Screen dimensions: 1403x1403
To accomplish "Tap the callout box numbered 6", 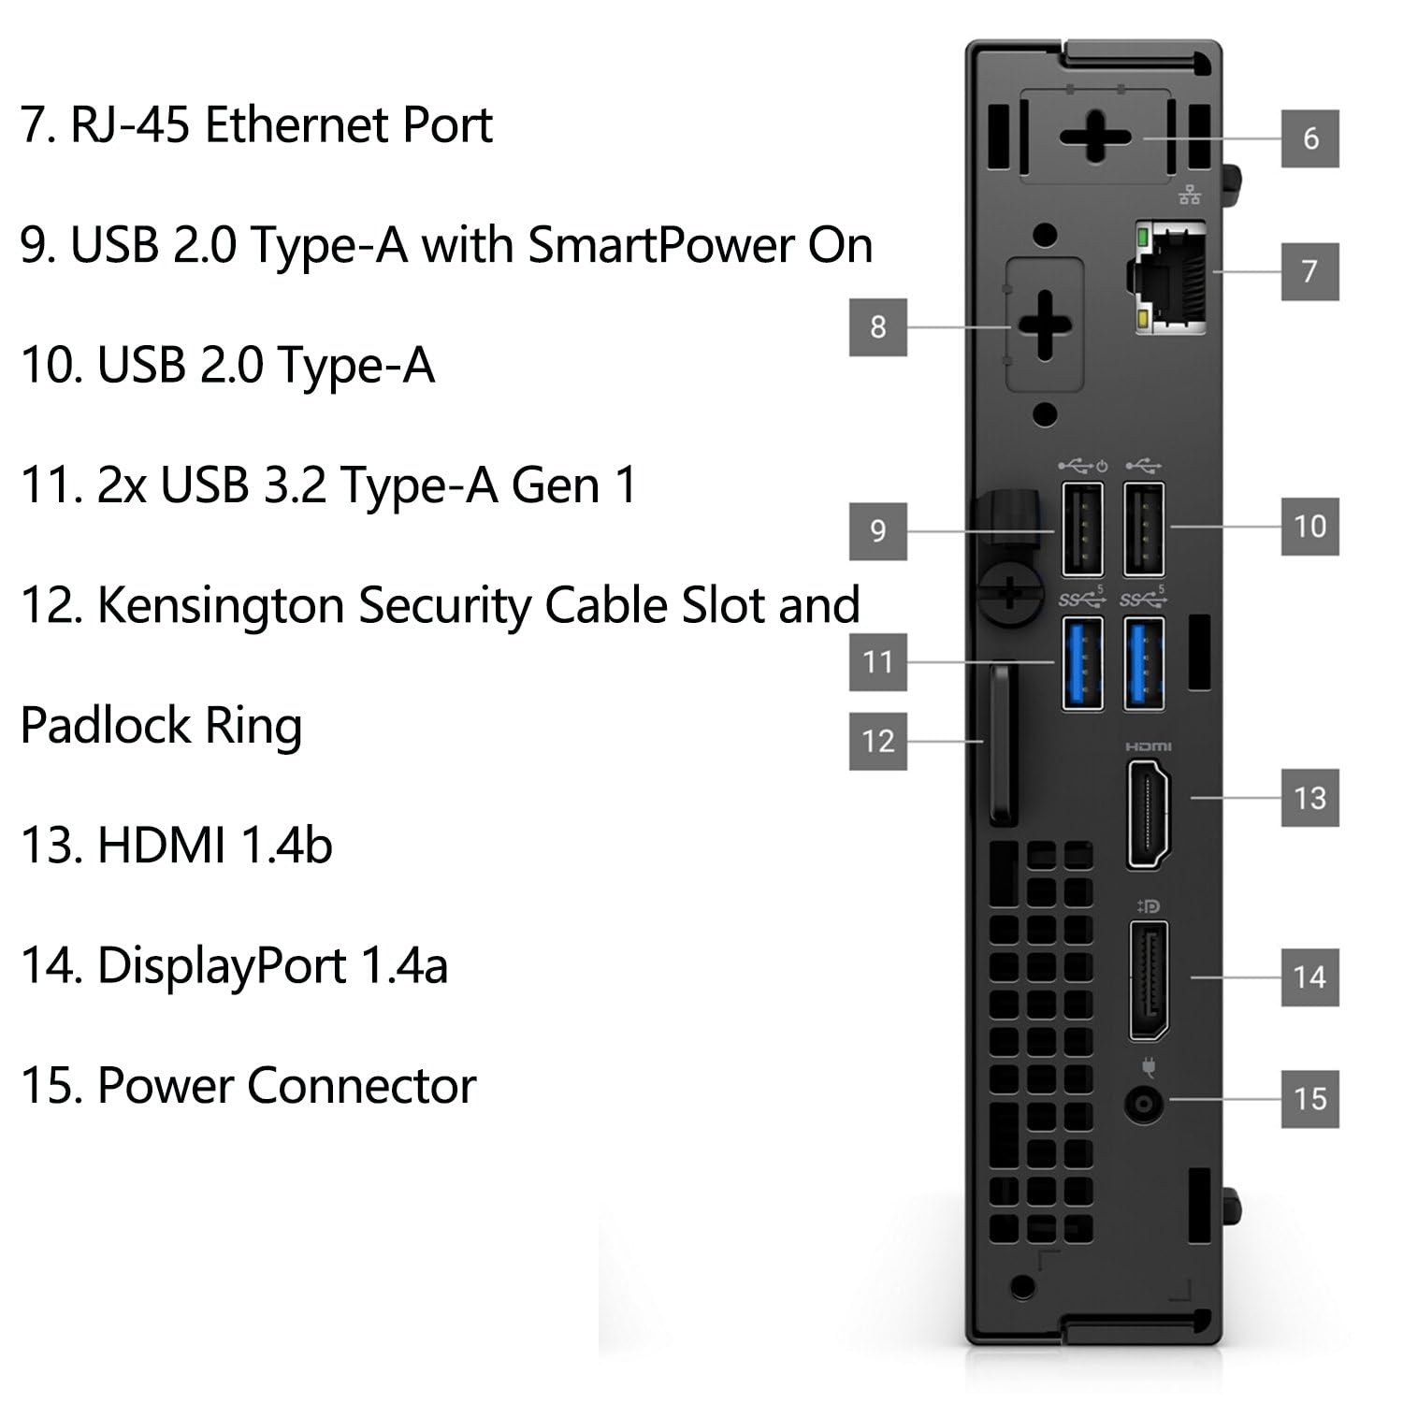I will click(1309, 138).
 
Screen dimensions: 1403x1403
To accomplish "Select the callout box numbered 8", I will click(877, 326).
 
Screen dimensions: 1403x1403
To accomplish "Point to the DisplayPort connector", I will click(1149, 980).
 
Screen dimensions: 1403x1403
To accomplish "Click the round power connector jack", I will click(1144, 1105).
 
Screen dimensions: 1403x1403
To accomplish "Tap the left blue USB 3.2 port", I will click(1082, 662).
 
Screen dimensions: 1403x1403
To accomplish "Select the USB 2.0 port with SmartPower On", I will click(1082, 528).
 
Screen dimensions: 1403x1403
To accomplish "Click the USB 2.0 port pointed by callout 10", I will click(1144, 528).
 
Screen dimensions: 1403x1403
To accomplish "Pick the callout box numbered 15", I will click(1309, 1098).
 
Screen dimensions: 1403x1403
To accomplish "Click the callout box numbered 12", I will click(877, 741).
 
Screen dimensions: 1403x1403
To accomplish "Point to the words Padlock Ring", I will click(161, 726).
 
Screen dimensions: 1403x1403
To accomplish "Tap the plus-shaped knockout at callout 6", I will click(1095, 137).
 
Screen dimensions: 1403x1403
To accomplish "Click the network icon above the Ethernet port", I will click(1190, 195).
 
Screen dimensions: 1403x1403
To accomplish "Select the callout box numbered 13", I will click(1309, 798).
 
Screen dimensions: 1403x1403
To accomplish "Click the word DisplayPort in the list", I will click(222, 965).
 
